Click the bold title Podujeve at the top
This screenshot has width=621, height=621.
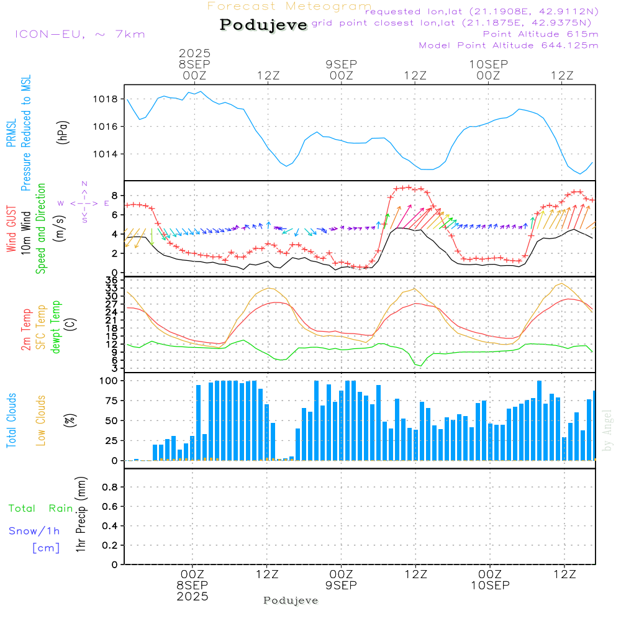(264, 25)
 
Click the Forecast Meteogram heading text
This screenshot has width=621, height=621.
(289, 6)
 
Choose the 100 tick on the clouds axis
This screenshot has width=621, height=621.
(109, 381)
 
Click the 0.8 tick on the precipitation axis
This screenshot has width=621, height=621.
(110, 487)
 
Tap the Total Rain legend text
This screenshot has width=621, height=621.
(41, 509)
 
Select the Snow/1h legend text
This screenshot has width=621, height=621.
(35, 532)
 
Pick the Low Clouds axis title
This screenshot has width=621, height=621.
(41, 419)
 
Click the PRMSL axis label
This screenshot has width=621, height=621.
(12, 129)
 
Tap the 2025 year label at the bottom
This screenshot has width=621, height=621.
(192, 597)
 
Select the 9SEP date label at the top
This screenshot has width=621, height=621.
(341, 64)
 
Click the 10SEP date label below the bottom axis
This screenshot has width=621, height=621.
(489, 586)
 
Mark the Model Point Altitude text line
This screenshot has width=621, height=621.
(509, 45)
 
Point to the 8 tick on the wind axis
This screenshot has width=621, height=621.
(114, 195)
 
